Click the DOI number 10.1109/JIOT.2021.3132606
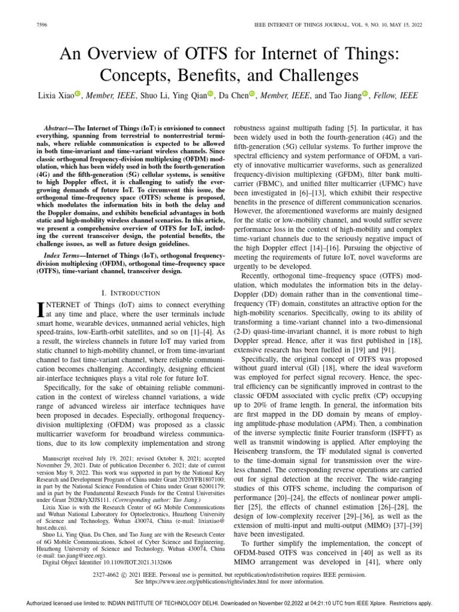click(130, 562)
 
